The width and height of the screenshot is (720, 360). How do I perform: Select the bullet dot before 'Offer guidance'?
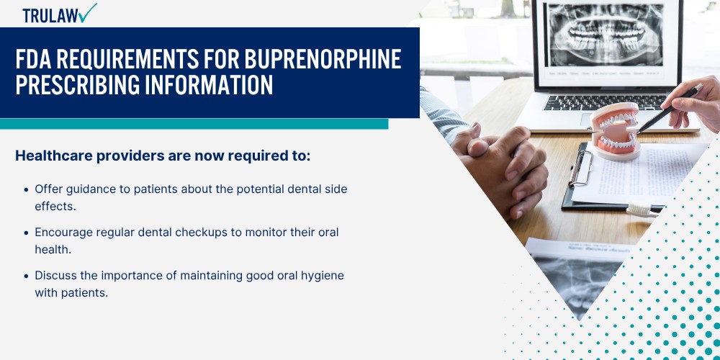pos(27,189)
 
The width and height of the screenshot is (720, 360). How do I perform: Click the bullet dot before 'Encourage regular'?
pos(27,233)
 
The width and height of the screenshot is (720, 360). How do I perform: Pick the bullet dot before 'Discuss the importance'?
pos(27,276)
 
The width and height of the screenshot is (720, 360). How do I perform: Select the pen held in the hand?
pos(670,109)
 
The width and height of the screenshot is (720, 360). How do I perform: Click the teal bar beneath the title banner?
pos(194,124)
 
